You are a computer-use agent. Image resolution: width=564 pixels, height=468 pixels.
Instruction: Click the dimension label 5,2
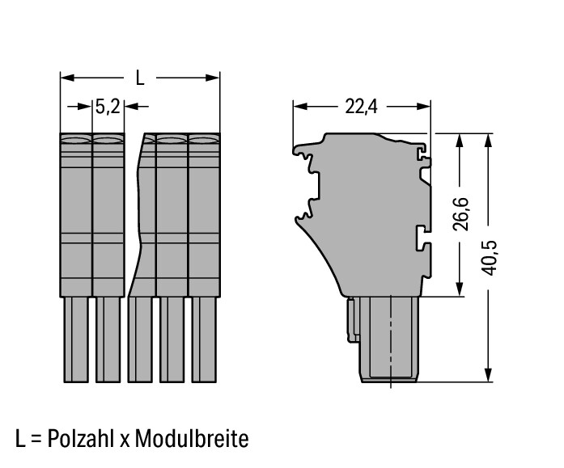[x=108, y=107]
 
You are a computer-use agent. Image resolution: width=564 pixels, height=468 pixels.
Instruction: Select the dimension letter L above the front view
[x=140, y=78]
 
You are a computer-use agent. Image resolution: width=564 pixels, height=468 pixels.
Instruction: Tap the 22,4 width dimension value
[x=361, y=107]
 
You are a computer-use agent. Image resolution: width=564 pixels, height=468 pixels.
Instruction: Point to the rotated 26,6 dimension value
[x=460, y=213]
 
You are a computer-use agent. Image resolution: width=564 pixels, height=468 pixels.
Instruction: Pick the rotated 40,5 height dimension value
[x=490, y=258]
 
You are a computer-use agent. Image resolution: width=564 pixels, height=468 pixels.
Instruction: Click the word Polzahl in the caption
[x=81, y=439]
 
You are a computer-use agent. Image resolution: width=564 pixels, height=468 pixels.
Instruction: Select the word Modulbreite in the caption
[x=191, y=439]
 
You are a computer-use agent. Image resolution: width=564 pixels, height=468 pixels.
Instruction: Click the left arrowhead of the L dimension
[x=67, y=78]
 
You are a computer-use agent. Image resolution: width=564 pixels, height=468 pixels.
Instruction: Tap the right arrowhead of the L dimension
[x=213, y=78]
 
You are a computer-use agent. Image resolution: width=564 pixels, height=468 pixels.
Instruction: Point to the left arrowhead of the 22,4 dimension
[x=300, y=107]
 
